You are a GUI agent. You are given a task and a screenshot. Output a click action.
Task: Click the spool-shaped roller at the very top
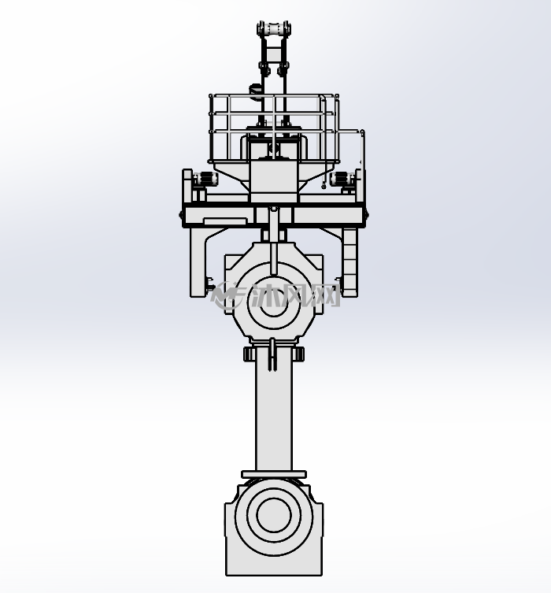(x=274, y=28)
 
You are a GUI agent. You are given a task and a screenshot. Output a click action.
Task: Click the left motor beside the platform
(x=205, y=178)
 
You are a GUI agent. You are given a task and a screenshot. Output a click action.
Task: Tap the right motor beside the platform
(x=343, y=178)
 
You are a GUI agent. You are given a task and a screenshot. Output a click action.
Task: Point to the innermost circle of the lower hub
(x=274, y=515)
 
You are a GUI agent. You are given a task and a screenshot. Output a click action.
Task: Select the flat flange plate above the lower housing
(x=274, y=474)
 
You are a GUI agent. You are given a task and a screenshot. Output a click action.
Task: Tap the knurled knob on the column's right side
(x=298, y=354)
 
